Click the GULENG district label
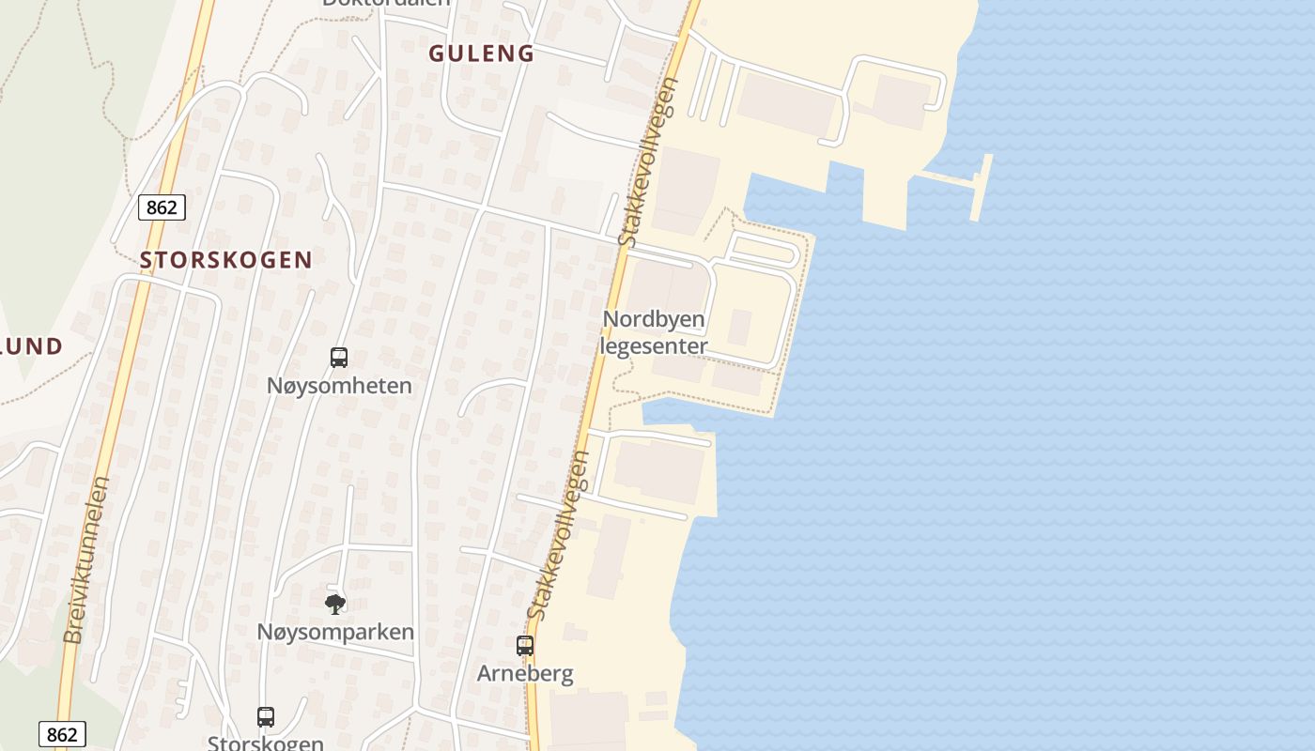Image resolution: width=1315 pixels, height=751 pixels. tap(481, 54)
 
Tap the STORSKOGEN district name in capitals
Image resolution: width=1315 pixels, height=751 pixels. tap(225, 260)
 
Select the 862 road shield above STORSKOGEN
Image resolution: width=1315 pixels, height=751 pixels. tap(162, 207)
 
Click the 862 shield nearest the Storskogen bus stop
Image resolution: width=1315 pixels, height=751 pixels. tap(62, 734)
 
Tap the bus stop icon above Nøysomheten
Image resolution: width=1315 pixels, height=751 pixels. tap(339, 358)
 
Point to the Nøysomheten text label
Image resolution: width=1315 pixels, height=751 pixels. tap(339, 386)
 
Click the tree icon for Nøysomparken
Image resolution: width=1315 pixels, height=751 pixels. tap(334, 604)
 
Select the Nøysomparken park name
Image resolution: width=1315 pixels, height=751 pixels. tap(335, 632)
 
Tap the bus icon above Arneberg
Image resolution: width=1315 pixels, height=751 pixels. tap(525, 646)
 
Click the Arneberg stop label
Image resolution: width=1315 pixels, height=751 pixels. tap(525, 673)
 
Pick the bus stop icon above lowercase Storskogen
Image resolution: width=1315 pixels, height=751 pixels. tap(266, 717)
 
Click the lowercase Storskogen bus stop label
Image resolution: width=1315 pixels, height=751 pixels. tap(266, 743)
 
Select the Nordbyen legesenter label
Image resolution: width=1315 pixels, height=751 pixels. tap(654, 332)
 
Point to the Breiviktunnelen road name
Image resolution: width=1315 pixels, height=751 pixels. tap(86, 560)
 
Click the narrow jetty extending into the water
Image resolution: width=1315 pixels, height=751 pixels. tap(982, 187)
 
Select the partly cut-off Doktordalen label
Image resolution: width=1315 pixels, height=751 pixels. tap(386, 3)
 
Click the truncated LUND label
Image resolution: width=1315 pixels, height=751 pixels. tap(30, 346)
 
